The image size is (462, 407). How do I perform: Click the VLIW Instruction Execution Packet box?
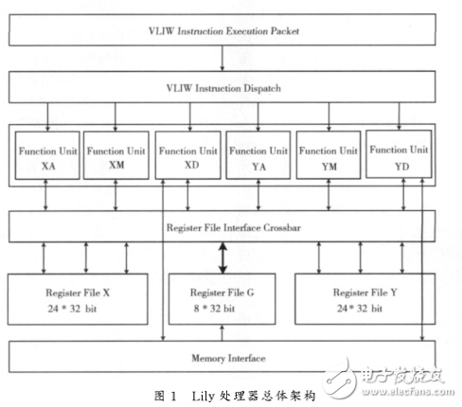click(222, 31)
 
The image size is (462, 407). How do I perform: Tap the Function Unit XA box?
click(45, 157)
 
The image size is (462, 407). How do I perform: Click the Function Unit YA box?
click(258, 157)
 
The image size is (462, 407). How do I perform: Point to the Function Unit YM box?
click(329, 157)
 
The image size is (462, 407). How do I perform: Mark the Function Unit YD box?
click(400, 157)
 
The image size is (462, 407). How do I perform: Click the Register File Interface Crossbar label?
click(222, 226)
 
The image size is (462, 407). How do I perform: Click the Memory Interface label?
click(222, 358)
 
